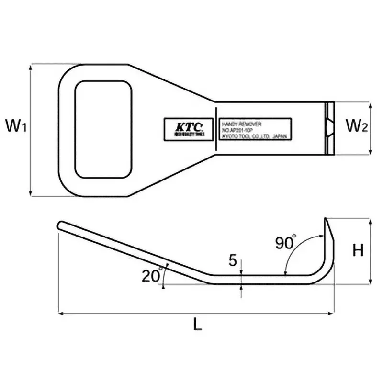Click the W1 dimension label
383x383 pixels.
[x=16, y=127]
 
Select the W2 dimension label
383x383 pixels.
[x=356, y=127]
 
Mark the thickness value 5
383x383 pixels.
[x=233, y=261]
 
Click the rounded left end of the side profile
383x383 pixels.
[x=60, y=225]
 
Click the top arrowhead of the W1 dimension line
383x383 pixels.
[x=31, y=68]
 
